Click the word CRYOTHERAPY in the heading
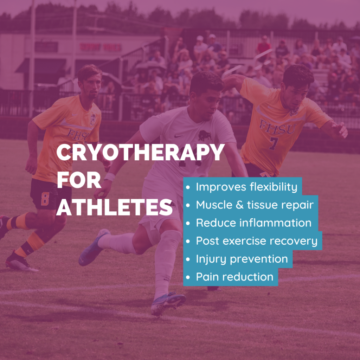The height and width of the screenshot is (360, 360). click(140, 152)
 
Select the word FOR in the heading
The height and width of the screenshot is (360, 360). click(79, 180)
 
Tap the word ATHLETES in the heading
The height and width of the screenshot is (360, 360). click(114, 207)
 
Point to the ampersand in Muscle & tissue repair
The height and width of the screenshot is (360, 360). click(239, 205)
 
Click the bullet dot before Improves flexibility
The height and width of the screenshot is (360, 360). click(188, 187)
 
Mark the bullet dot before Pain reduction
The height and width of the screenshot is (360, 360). click(188, 277)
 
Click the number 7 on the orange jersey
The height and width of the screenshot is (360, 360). click(274, 143)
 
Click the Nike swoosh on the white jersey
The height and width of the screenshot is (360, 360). click(179, 136)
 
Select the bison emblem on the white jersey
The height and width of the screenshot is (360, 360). click(205, 135)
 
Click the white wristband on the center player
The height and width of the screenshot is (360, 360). click(110, 177)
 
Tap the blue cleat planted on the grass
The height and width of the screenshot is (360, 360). click(168, 303)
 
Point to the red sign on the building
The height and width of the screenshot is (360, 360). click(100, 47)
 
